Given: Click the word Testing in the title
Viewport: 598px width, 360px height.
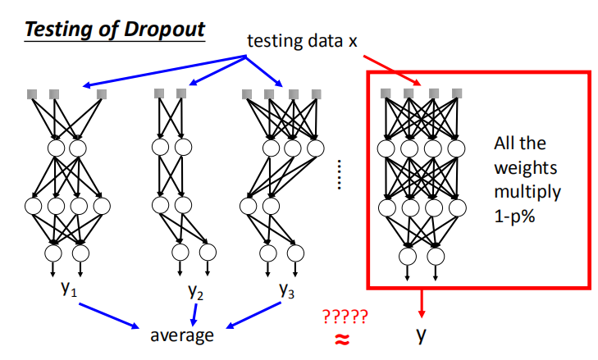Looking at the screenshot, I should tap(57, 27).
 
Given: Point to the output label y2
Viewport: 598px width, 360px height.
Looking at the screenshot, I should tap(195, 293).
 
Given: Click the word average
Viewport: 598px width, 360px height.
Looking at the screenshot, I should tap(181, 335).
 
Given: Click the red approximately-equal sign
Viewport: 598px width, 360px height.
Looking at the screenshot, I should tap(344, 337).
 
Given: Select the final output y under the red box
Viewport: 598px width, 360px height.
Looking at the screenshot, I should tap(421, 335).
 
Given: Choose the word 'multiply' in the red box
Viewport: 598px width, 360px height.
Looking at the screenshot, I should tap(527, 194).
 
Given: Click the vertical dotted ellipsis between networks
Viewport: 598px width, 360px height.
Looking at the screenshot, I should tap(340, 173).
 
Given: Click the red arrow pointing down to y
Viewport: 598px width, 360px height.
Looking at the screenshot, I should tap(422, 303).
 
